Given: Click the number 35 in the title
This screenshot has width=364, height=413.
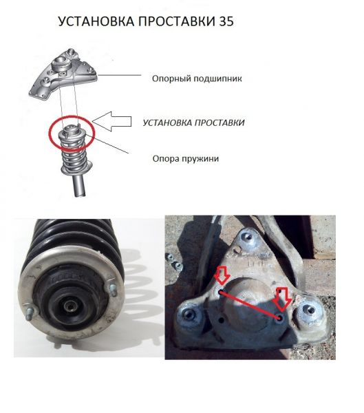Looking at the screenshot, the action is click(226, 21).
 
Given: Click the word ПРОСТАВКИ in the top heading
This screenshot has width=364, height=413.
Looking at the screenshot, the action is click(176, 21).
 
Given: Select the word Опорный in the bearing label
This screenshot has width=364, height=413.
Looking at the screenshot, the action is click(171, 78).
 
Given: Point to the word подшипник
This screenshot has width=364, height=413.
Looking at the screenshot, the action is click(217, 78).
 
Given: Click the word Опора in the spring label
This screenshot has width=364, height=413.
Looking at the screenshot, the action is click(163, 159).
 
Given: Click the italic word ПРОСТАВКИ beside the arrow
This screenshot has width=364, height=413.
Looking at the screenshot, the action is click(220, 123).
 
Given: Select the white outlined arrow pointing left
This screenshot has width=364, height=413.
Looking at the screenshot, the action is click(111, 121).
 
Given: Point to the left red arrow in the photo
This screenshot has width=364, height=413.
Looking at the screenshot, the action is click(222, 275).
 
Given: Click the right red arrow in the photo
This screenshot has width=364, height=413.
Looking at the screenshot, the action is click(283, 299).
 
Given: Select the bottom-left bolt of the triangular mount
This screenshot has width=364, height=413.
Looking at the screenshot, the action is click(189, 314).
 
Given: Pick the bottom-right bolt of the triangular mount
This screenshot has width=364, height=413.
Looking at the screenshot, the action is click(310, 310).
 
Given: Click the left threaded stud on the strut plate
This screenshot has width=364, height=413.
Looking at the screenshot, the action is click(29, 314).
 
